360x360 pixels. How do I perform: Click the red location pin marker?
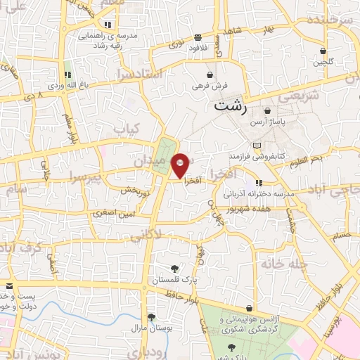click(x=180, y=165)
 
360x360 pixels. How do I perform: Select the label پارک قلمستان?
click(x=174, y=281)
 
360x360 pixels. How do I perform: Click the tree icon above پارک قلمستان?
click(x=174, y=269)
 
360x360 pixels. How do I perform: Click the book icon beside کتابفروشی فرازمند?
click(x=256, y=145)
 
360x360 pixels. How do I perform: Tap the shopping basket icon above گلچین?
click(x=323, y=51)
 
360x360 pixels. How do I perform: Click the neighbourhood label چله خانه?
click(x=279, y=264)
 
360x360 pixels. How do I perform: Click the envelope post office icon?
click(x=9, y=286)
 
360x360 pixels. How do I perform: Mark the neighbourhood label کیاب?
click(x=127, y=129)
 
